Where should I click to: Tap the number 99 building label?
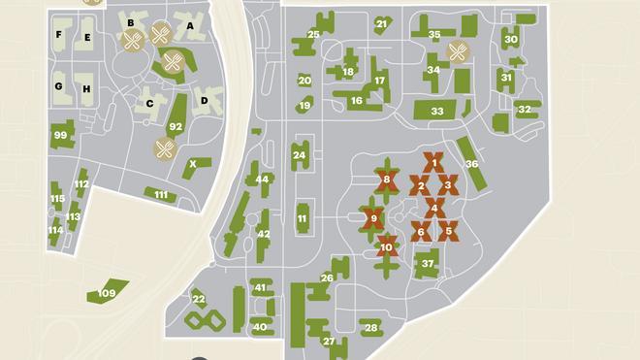[x=61, y=136]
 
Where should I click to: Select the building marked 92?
[x=176, y=126]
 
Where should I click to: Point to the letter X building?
[x=193, y=164]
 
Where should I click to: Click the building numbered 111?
[x=161, y=195]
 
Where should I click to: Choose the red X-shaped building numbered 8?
[x=387, y=180]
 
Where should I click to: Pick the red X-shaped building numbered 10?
[x=387, y=247]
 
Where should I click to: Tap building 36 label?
[x=471, y=164]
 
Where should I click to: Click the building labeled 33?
[x=437, y=112]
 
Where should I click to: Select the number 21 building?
[x=381, y=23]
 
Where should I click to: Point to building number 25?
[x=313, y=35]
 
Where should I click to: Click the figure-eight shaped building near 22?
[x=206, y=319]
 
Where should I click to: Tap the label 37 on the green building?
[x=428, y=263]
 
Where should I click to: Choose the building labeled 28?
[x=370, y=328]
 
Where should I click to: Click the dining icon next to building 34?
[x=458, y=50]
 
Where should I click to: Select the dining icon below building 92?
[x=165, y=148]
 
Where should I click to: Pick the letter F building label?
[x=59, y=35]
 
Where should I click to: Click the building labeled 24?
[x=300, y=155]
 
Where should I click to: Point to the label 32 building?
[x=525, y=109]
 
